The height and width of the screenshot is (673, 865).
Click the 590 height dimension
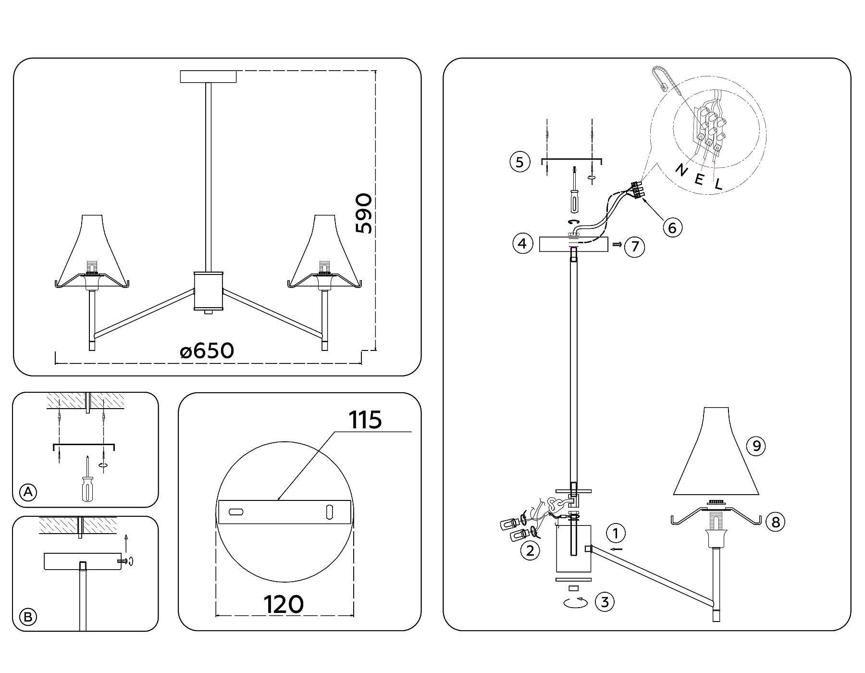tap(364, 214)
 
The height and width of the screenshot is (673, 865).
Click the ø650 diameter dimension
tap(207, 351)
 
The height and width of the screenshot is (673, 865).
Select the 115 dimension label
tap(365, 420)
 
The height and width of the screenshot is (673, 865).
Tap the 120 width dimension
tap(284, 604)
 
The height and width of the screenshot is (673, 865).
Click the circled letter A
tap(28, 492)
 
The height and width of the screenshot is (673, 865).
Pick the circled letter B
tap(28, 617)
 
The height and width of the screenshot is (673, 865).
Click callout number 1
tap(616, 533)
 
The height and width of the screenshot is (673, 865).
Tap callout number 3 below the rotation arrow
tap(605, 602)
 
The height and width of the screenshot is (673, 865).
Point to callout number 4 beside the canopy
tap(522, 244)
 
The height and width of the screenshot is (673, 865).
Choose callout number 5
tap(519, 162)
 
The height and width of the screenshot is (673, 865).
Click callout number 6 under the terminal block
tap(672, 227)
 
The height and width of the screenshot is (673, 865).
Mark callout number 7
tap(635, 247)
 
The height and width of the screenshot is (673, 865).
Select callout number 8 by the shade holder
tap(776, 522)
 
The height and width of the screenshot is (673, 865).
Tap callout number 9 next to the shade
tap(756, 446)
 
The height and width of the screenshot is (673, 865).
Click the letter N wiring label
tap(681, 170)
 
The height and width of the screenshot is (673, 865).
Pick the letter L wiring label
tap(718, 184)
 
